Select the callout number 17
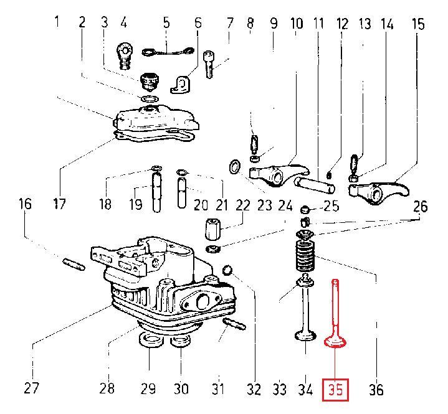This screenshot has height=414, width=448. [x=59, y=204]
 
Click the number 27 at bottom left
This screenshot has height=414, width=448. [x=31, y=389]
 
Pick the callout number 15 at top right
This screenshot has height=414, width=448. [x=418, y=24]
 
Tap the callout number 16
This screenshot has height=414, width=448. [x=24, y=204]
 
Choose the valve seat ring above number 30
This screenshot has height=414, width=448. [x=181, y=341]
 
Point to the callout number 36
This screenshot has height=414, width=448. [x=376, y=390]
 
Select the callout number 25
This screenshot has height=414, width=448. [x=331, y=206]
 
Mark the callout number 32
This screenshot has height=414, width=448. [x=252, y=390]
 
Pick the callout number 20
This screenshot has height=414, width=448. [x=201, y=205]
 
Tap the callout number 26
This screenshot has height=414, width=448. [x=421, y=205]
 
